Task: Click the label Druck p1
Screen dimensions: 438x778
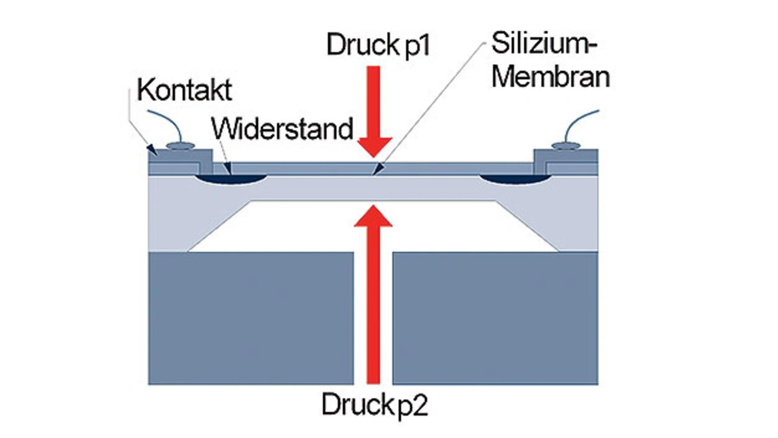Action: point(378,46)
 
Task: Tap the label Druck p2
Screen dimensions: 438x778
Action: point(374,405)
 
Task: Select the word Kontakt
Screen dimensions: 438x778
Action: point(185,90)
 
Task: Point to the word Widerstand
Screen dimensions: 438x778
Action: point(283,129)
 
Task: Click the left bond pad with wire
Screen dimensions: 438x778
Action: point(180,146)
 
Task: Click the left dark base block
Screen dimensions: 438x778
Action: point(251,318)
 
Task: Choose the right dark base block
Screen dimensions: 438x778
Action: point(495,318)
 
